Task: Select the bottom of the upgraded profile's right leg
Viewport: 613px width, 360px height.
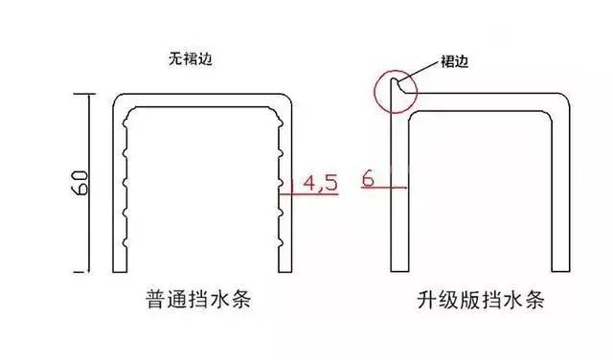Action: point(558,269)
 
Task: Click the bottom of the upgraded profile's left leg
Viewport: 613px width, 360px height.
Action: point(397,269)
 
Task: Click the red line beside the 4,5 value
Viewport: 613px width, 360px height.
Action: point(297,193)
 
